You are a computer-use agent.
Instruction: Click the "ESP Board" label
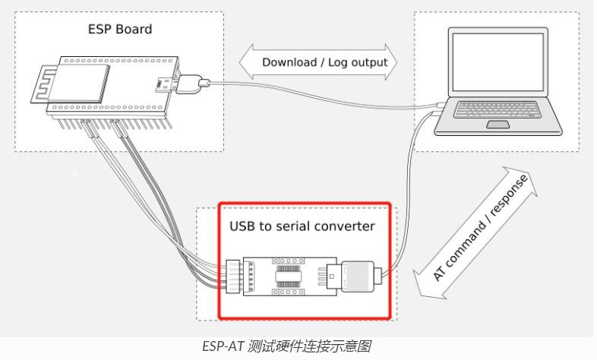tap(120, 30)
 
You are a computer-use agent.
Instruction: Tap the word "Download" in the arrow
tap(289, 62)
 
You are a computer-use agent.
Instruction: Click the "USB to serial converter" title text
tap(302, 226)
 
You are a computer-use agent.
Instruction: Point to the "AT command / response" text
tap(480, 228)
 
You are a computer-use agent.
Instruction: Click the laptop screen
tap(497, 62)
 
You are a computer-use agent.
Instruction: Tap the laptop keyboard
tap(497, 109)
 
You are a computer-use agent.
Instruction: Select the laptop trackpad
tap(498, 125)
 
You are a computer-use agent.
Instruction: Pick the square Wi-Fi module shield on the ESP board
tap(79, 83)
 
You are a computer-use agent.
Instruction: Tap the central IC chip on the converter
tap(288, 276)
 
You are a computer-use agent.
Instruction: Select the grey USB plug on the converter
tap(358, 276)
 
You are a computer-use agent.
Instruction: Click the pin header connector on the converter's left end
tap(232, 276)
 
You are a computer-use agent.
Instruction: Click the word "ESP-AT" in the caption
tap(223, 346)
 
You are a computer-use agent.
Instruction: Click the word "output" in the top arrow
tap(368, 63)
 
